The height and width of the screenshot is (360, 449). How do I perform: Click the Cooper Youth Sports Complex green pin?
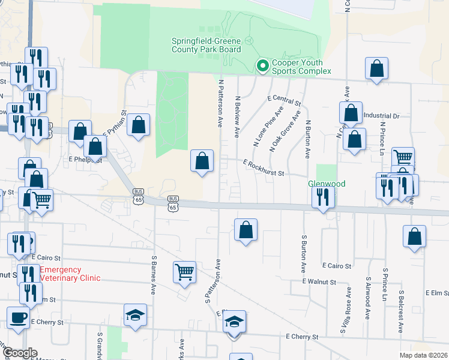(262, 65)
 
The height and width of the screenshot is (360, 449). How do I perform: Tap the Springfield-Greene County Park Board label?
(206, 45)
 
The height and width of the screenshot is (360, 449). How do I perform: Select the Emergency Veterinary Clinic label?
(70, 274)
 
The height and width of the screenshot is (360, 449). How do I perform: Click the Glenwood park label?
(327, 184)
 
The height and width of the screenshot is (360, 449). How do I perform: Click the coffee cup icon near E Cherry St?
(17, 319)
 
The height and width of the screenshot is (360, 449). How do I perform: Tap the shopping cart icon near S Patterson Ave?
(185, 271)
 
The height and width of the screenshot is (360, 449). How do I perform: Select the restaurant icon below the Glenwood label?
(323, 197)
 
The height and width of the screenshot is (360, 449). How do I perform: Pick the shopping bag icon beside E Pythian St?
(139, 125)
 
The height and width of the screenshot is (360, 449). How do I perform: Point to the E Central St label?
(285, 100)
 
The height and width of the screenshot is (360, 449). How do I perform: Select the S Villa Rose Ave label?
(348, 306)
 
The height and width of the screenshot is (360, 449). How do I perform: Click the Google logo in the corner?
(19, 353)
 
